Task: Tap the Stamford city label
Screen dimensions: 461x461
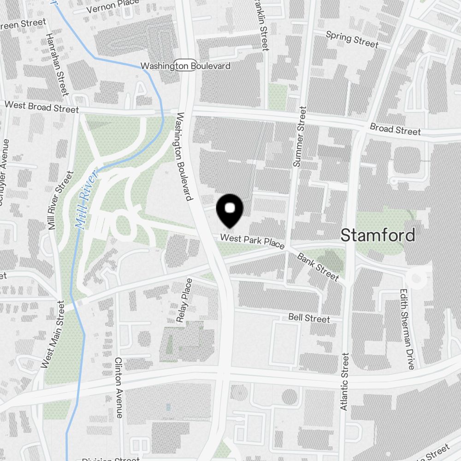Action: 378,235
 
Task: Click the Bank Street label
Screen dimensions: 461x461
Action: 318,266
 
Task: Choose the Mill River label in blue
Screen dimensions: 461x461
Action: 87,200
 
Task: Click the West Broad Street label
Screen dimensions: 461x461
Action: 41,107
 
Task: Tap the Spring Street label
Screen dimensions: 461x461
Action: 352,40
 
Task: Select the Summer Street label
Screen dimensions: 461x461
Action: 300,136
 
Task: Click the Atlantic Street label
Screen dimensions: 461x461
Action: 344,382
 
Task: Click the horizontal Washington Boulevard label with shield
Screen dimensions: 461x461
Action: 185,66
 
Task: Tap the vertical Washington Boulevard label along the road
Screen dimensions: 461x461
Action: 183,157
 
